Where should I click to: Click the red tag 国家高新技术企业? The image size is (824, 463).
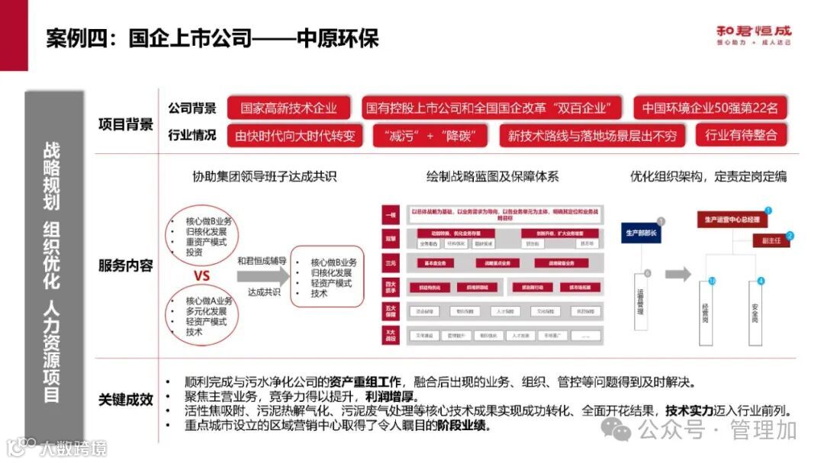pyautogui.click(x=289, y=108)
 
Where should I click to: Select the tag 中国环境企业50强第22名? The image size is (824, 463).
pyautogui.click(x=710, y=108)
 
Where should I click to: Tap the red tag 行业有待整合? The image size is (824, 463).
pyautogui.click(x=741, y=136)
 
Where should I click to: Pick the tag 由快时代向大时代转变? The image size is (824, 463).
pyautogui.click(x=295, y=137)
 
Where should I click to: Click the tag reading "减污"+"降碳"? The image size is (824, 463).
pyautogui.click(x=430, y=137)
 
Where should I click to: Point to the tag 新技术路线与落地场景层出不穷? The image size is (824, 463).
pyautogui.click(x=593, y=137)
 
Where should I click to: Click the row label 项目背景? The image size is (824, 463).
pyautogui.click(x=126, y=124)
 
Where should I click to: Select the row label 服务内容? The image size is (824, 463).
pyautogui.click(x=126, y=265)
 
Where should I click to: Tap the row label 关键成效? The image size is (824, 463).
pyautogui.click(x=126, y=400)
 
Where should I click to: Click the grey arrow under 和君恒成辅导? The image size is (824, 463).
pyautogui.click(x=260, y=276)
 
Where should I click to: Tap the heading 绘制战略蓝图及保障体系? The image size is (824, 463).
pyautogui.click(x=493, y=177)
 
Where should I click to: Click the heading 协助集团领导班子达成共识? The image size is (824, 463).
pyautogui.click(x=264, y=177)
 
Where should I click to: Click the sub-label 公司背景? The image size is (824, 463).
pyautogui.click(x=192, y=108)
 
